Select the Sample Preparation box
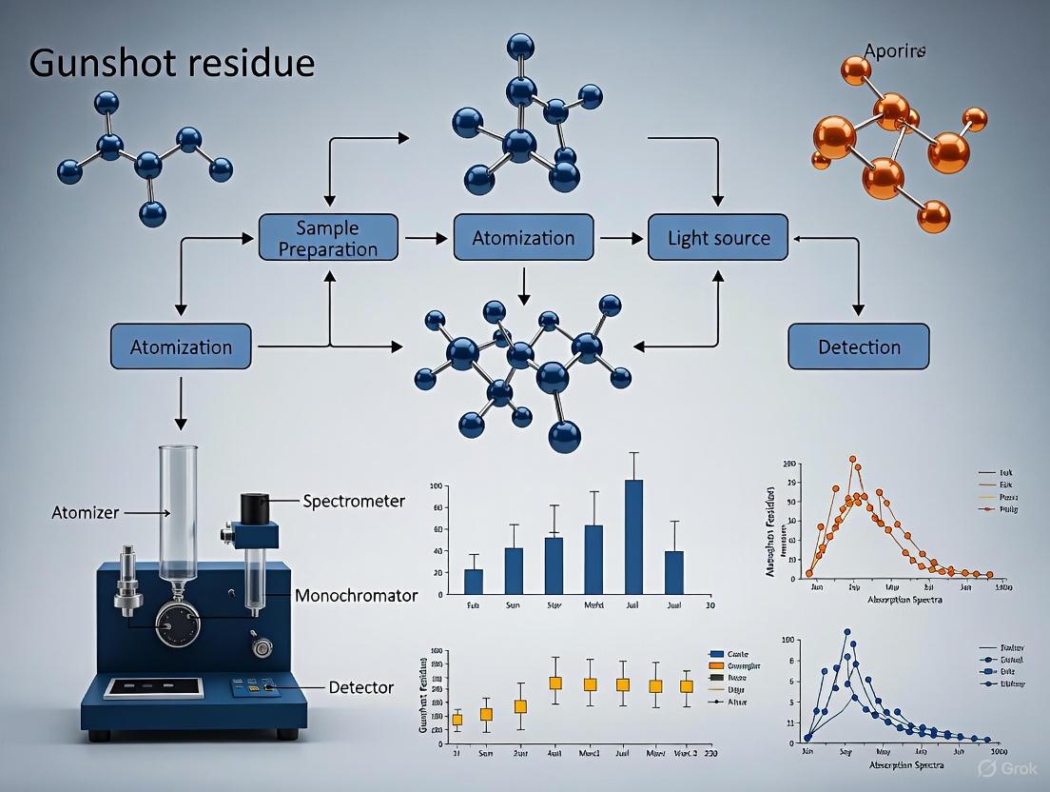[x=330, y=237]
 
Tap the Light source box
[x=717, y=237]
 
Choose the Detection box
[x=858, y=347]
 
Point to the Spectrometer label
[x=354, y=501]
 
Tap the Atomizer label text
[x=85, y=513]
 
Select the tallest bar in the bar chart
[x=633, y=536]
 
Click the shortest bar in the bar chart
[x=474, y=581]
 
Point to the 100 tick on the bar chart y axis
[x=437, y=486]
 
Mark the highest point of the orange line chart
[x=853, y=459]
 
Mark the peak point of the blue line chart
[x=846, y=632]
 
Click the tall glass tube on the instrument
[x=178, y=514]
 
